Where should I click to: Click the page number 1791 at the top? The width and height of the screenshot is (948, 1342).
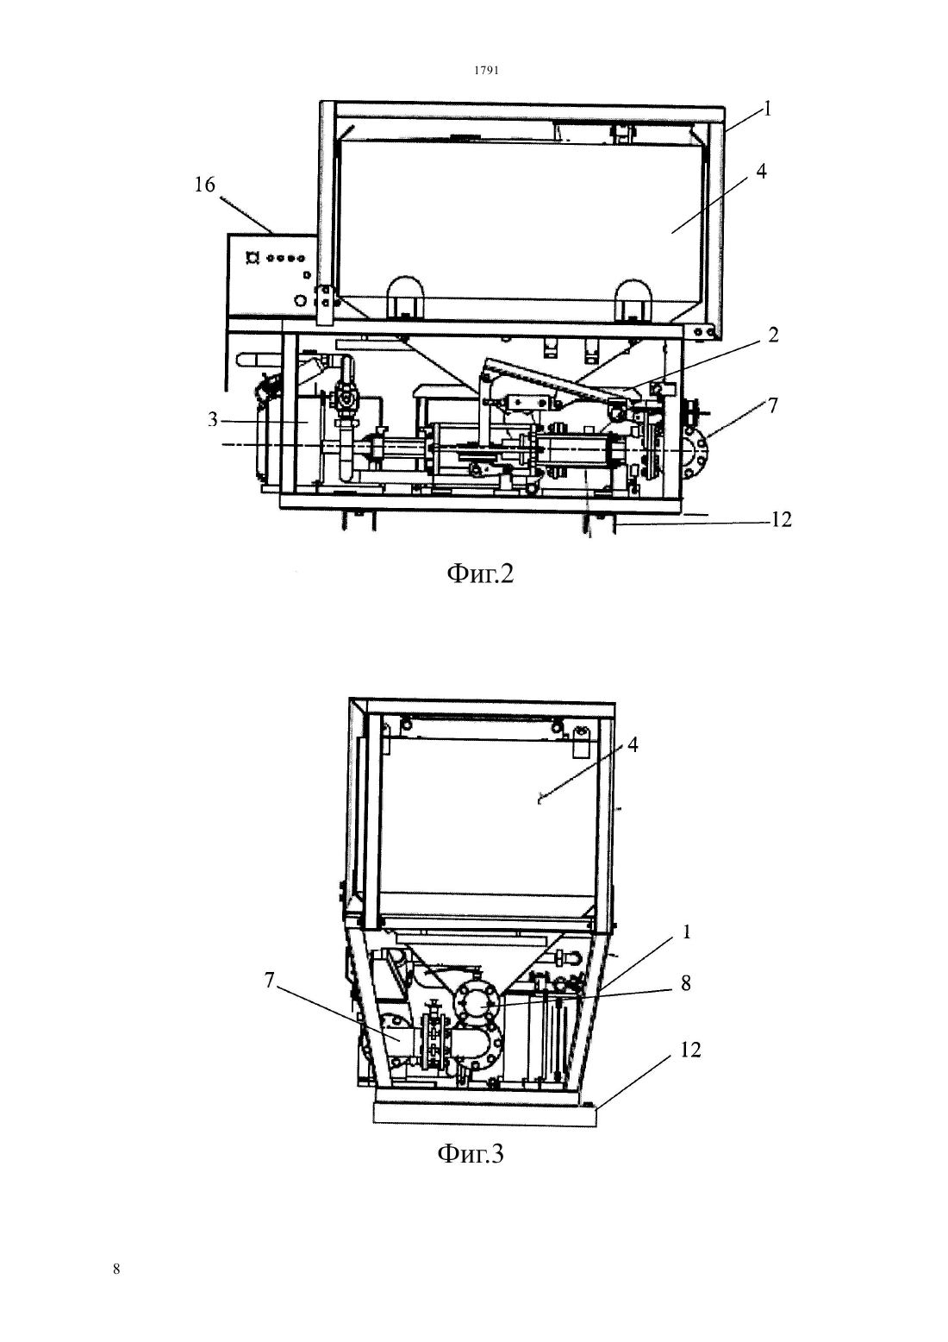[486, 70]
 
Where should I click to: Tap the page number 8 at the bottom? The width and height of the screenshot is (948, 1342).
[116, 1269]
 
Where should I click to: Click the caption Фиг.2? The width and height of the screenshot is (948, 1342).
[481, 574]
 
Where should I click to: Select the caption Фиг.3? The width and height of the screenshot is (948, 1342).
[471, 1153]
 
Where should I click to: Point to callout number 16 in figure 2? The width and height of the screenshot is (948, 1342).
[204, 185]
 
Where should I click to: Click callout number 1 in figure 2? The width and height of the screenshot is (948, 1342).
[767, 109]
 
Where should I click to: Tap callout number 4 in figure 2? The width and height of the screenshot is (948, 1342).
[761, 172]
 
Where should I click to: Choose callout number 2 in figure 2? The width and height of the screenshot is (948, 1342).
[773, 335]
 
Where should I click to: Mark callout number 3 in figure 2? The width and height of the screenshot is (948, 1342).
[213, 419]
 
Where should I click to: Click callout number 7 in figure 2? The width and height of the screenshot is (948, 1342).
[773, 405]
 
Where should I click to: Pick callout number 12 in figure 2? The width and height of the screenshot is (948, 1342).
[781, 519]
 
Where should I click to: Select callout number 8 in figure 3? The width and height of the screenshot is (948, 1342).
[686, 982]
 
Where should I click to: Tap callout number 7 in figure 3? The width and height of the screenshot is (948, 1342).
[269, 980]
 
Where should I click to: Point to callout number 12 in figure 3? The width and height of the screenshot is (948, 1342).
[690, 1050]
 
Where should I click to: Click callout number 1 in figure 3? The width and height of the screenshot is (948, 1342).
[687, 931]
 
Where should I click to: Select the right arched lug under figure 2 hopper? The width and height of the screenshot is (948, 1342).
[633, 298]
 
